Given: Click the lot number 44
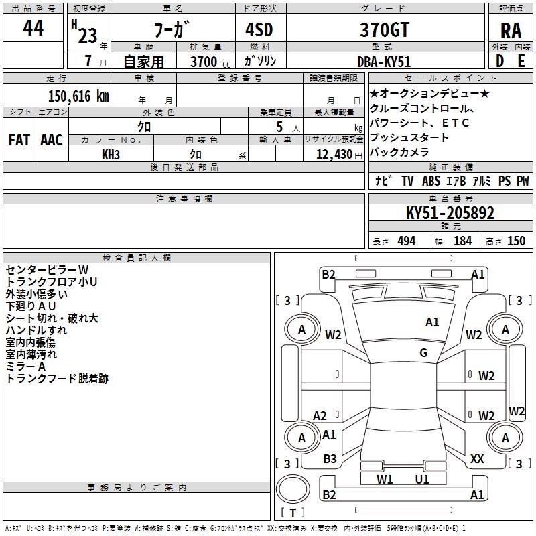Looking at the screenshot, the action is (33, 29).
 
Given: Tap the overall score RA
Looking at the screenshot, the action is (511, 30).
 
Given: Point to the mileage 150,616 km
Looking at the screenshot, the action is (78, 96).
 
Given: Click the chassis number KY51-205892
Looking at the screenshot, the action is (450, 213).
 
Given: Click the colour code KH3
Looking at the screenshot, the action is (111, 154).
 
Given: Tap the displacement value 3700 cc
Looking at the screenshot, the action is (204, 62).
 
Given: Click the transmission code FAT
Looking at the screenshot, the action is (19, 139).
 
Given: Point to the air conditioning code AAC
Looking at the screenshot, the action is (51, 139).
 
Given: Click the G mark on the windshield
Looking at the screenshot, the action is (423, 353).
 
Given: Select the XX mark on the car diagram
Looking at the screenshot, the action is (477, 458).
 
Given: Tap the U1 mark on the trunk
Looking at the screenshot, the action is (422, 479).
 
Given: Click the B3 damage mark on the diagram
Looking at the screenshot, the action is (330, 458).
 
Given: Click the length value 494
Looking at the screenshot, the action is (406, 241).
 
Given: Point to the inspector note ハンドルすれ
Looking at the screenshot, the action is (36, 330).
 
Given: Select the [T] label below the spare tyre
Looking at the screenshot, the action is (293, 513).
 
